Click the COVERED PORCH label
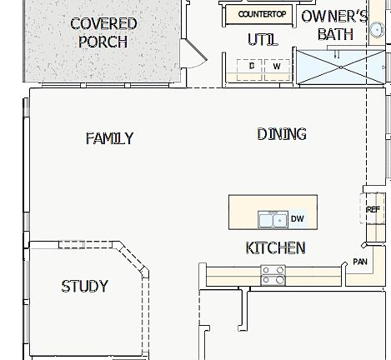[x=103, y=32]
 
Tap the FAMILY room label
[x=109, y=138]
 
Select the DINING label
[x=281, y=133]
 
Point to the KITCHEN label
[x=275, y=247]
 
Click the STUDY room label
[x=84, y=286]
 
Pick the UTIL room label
[x=262, y=39]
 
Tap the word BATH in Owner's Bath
[x=335, y=34]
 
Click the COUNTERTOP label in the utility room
[x=262, y=14]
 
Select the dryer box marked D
[x=252, y=65]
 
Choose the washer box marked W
[x=276, y=65]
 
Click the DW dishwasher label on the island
[x=297, y=219]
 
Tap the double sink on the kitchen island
[x=272, y=219]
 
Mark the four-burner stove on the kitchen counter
[x=273, y=275]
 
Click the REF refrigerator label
[x=373, y=209]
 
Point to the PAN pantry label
[x=360, y=262]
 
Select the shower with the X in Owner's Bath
[x=337, y=67]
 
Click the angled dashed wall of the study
[x=136, y=258]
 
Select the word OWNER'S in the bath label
[x=334, y=17]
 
